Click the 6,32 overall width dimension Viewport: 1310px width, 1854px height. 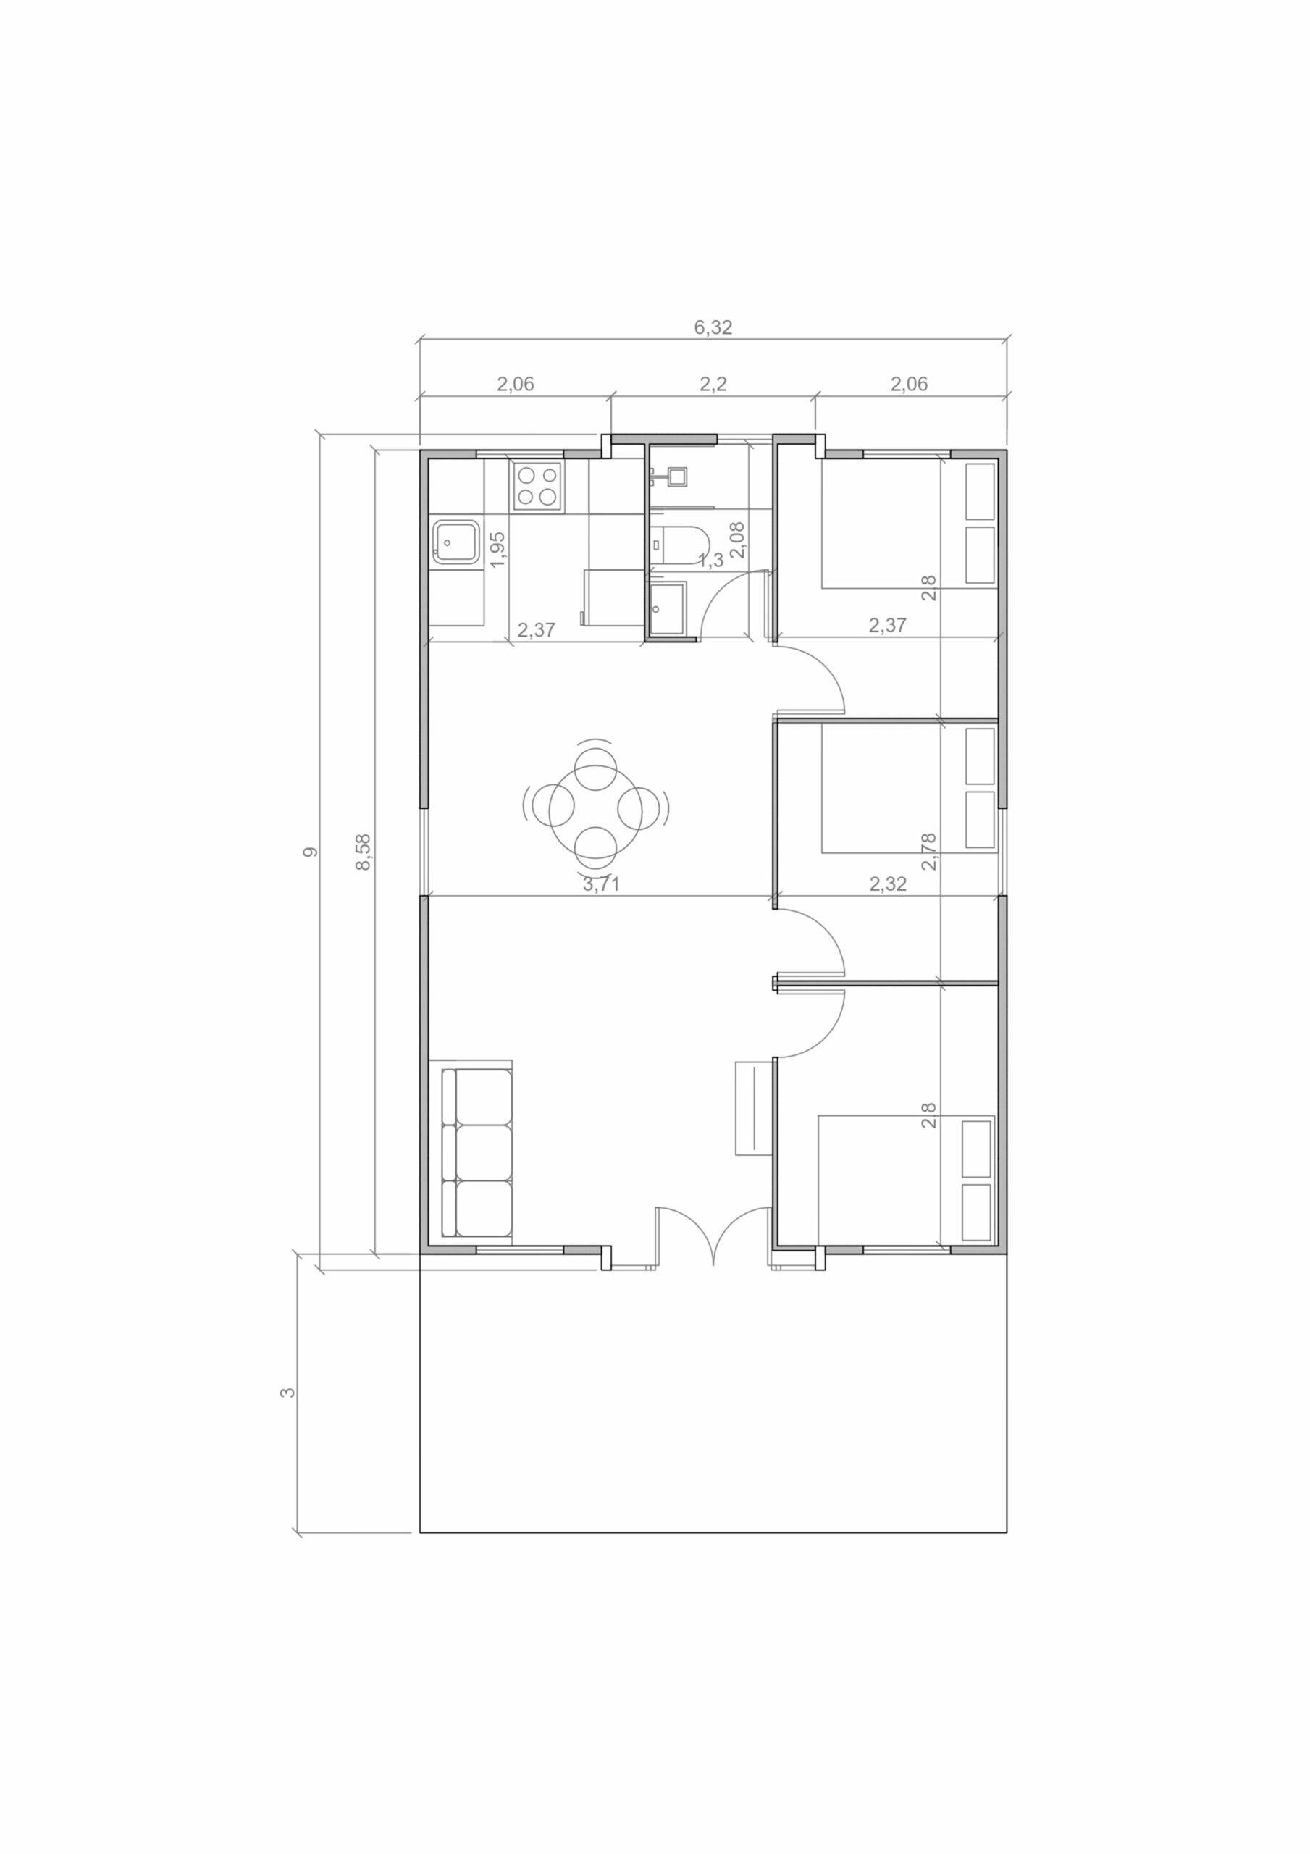coord(713,327)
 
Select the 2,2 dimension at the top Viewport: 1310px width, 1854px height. coord(713,385)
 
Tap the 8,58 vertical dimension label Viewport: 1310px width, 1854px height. coord(364,852)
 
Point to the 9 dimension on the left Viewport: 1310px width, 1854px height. coord(310,852)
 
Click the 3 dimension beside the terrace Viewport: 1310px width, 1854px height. coord(287,1392)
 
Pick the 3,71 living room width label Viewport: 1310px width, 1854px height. coord(601,884)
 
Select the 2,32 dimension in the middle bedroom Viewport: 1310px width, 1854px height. coord(888,884)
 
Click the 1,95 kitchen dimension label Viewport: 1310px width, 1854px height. coord(497,549)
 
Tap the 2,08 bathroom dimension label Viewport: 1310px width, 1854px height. coord(737,540)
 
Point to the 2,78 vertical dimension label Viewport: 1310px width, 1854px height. coord(929,852)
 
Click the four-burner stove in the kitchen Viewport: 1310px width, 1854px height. coord(537,486)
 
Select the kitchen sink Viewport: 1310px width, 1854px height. coord(455,542)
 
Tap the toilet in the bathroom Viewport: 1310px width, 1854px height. coord(678,545)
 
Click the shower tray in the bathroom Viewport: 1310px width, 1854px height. coord(668,609)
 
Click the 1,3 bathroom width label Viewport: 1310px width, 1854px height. coord(710,561)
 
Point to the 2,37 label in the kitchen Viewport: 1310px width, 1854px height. coord(537,630)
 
